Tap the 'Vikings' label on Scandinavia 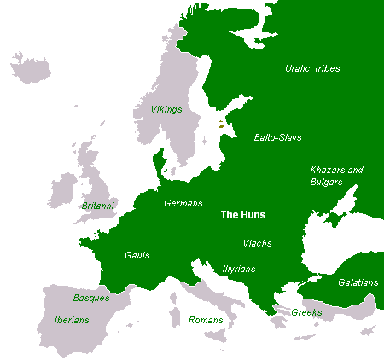point(154,110)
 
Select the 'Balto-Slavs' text point(277,136)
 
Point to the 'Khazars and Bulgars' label point(336,176)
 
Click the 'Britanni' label point(98,206)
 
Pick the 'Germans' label point(183,203)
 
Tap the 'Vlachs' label point(257,243)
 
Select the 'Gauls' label point(138,254)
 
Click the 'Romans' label point(206,320)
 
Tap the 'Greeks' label point(307,312)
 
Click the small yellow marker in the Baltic point(221,125)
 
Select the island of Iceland point(30,67)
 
